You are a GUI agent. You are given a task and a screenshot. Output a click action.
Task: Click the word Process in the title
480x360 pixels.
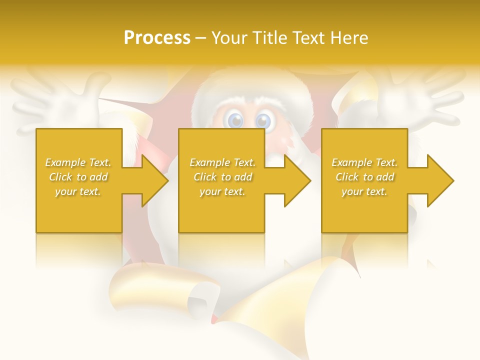(157, 37)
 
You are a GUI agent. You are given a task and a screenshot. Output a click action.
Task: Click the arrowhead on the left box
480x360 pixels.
(155, 180)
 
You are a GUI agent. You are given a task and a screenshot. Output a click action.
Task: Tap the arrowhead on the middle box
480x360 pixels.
(297, 180)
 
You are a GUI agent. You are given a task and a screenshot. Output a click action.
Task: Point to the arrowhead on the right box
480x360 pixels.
(440, 180)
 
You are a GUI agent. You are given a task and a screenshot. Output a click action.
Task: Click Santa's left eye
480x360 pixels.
(235, 120)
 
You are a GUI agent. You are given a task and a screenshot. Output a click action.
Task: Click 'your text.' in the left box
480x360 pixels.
(78, 191)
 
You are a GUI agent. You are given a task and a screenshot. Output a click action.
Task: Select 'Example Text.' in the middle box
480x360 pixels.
(222, 162)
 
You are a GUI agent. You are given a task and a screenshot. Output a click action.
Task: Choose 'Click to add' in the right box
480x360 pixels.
(365, 177)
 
